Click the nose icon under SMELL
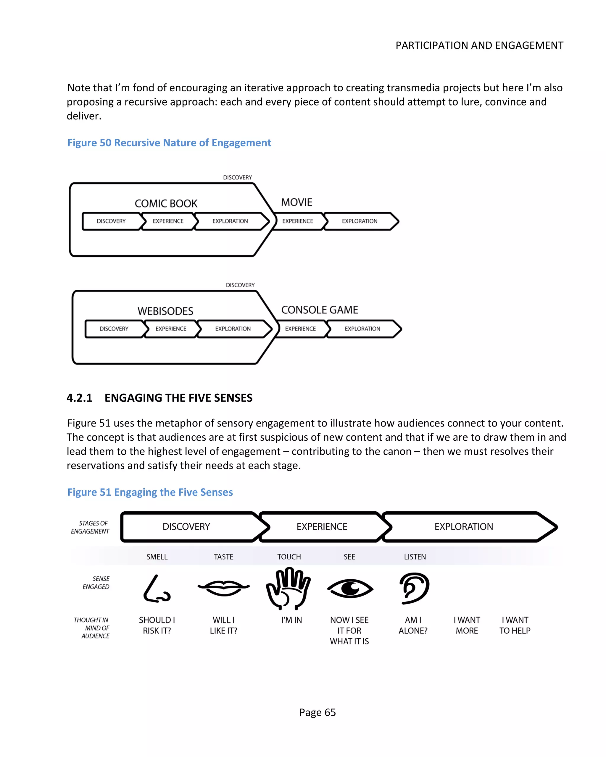[x=157, y=589]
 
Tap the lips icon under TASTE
[x=224, y=587]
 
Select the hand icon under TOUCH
[x=288, y=589]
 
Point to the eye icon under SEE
[x=350, y=588]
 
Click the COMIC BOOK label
[x=166, y=203]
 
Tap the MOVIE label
[x=296, y=202]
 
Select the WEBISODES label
[x=165, y=311]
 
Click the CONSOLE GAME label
[x=319, y=310]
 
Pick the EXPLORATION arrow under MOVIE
[x=360, y=221]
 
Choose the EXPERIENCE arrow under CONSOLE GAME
[x=301, y=329]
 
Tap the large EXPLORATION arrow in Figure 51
[x=464, y=527]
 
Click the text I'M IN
[x=291, y=620]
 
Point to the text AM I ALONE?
[x=413, y=625]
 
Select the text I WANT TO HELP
[x=515, y=625]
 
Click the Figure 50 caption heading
[x=169, y=143]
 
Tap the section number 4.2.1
[x=79, y=398]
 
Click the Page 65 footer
[x=317, y=712]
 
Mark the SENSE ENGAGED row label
[x=96, y=583]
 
